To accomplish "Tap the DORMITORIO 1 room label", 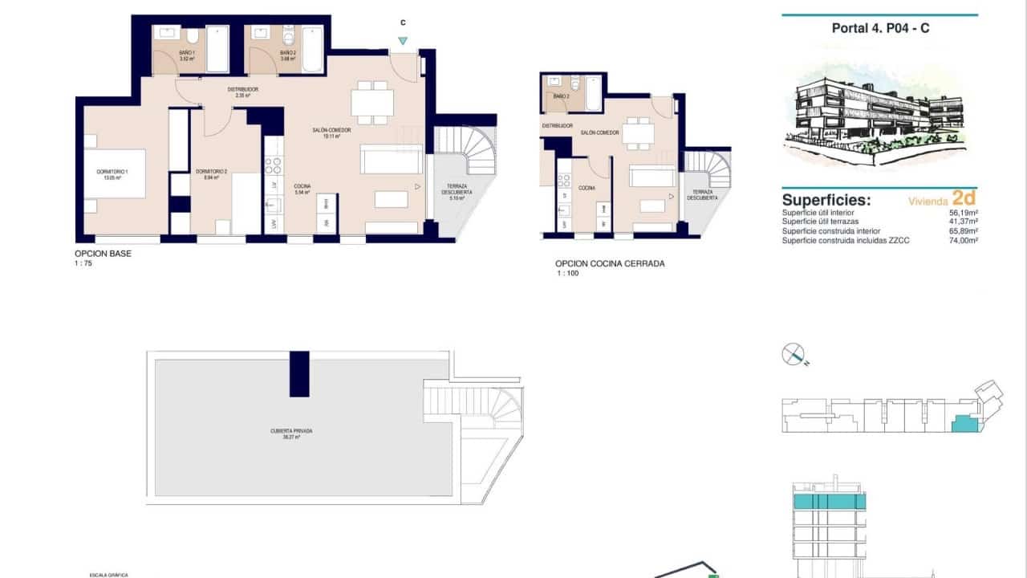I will tap(106, 176).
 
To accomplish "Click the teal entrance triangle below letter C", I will tap(403, 41).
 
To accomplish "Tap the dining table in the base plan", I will tap(372, 103).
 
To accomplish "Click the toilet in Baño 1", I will tap(193, 37).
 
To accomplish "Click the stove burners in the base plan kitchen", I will tap(274, 166).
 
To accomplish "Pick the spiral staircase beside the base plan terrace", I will tap(478, 150).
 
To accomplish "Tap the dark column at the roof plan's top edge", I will tap(299, 373).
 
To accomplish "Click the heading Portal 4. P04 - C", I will tap(881, 28).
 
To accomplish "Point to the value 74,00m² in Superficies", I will tap(962, 240).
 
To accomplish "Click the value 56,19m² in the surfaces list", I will tap(962, 213).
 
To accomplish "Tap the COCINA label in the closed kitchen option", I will tap(587, 187).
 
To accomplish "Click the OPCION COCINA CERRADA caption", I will tap(610, 263).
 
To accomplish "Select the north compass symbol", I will tap(794, 354).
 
